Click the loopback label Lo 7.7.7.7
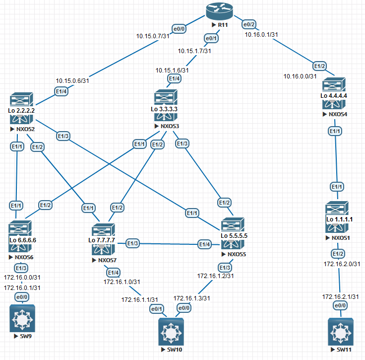pyautogui.click(x=102, y=240)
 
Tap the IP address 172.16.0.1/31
pyautogui.click(x=22, y=288)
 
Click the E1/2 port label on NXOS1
pyautogui.click(x=338, y=254)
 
